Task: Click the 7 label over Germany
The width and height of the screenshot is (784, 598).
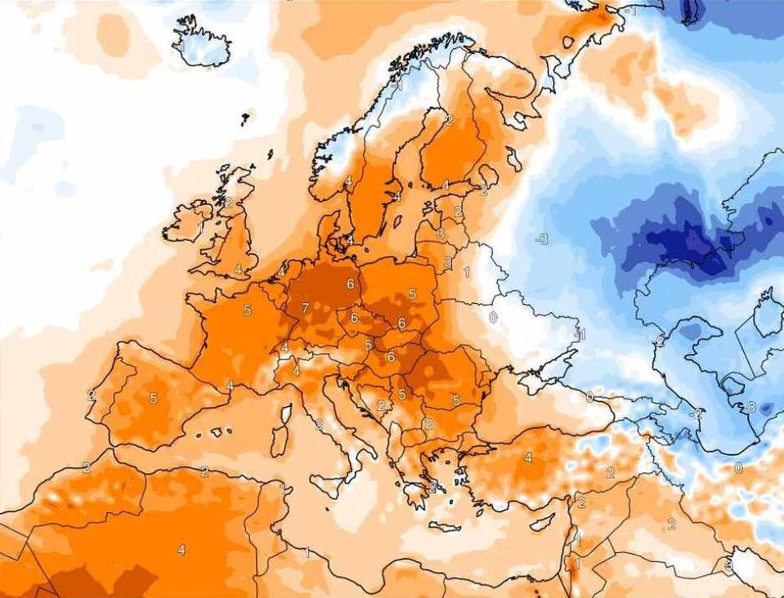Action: click(305, 308)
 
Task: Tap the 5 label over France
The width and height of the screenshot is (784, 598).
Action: click(247, 310)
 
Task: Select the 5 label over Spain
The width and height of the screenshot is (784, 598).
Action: click(153, 399)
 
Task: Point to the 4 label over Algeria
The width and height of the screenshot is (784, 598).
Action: click(181, 550)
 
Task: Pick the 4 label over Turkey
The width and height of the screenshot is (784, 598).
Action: click(528, 457)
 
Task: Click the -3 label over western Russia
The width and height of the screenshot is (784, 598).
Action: click(540, 239)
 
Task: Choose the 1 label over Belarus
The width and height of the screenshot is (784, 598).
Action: click(466, 272)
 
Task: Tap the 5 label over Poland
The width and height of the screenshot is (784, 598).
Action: click(412, 294)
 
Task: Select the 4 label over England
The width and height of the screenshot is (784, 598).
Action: click(238, 269)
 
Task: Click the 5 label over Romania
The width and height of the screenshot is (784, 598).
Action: click(455, 400)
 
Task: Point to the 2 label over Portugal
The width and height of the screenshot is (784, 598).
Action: click(92, 395)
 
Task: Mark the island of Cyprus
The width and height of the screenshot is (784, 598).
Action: click(542, 520)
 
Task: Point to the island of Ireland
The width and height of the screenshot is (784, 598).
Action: click(186, 223)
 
